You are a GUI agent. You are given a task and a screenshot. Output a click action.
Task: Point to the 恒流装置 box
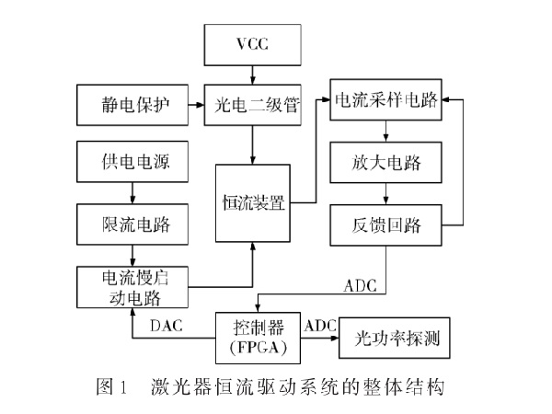pos(254,202)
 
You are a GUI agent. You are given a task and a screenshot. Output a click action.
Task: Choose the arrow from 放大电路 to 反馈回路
pos(388,193)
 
